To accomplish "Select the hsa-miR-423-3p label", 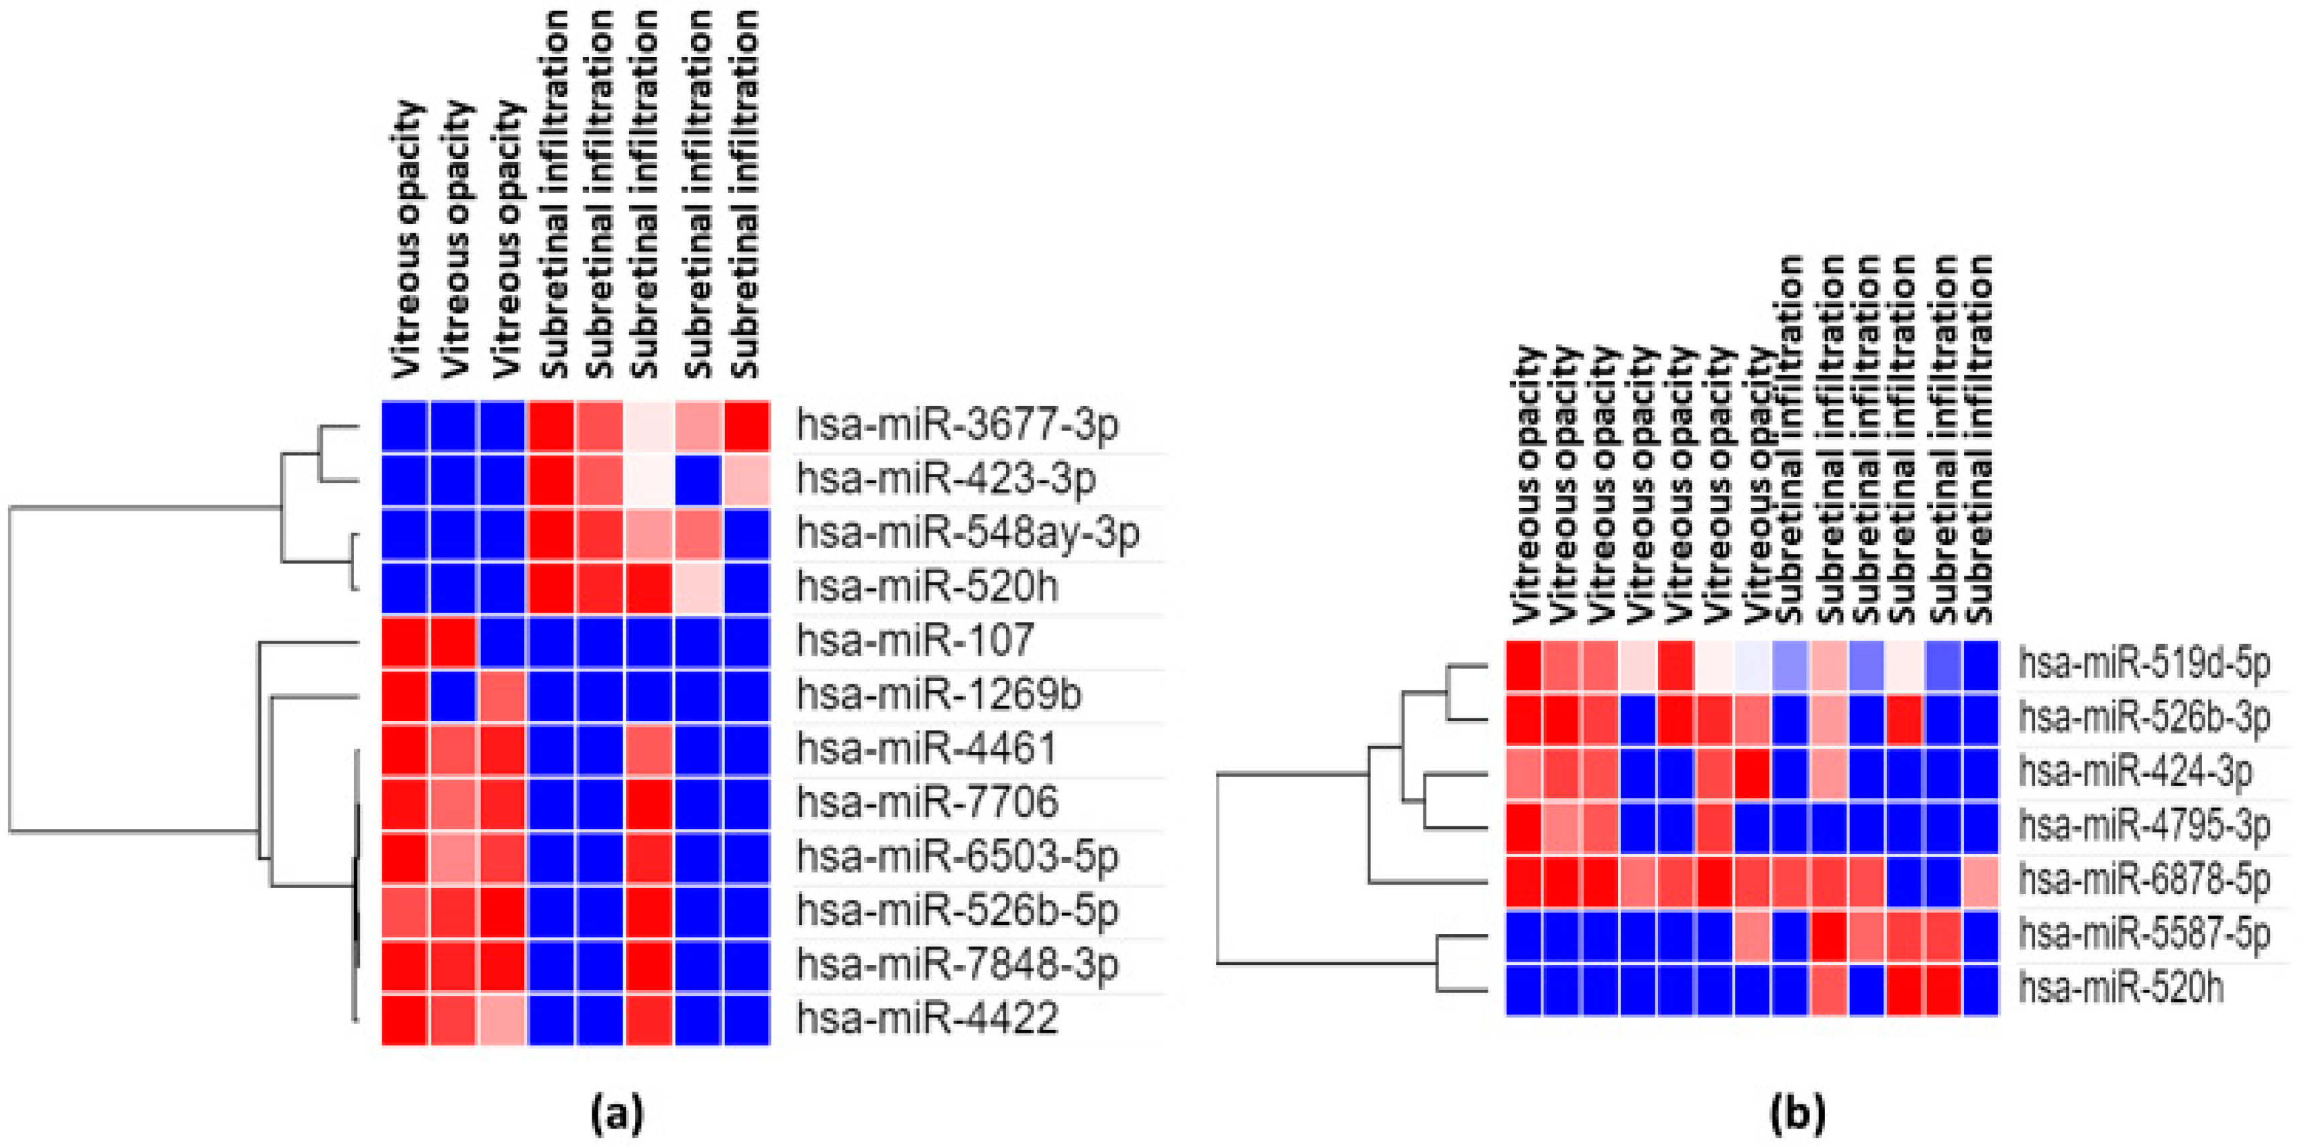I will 946,481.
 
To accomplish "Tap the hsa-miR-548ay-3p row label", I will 968,534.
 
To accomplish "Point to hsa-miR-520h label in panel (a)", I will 927,588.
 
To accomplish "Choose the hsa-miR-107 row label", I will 914,641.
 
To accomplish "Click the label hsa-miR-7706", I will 927,802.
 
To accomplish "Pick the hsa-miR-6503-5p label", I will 957,856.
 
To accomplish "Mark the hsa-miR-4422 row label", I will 927,1018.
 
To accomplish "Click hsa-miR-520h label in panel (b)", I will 2120,989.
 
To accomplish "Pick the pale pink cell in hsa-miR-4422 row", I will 503,1018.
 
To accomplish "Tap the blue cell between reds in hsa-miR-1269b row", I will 455,695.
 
